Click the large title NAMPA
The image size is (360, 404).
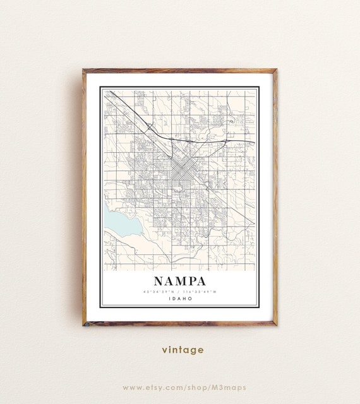(x=179, y=280)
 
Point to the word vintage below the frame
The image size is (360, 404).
(x=182, y=349)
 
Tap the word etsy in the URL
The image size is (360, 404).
(x=157, y=387)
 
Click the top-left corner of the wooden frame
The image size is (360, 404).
(x=83, y=70)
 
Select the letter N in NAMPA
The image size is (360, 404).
(x=157, y=280)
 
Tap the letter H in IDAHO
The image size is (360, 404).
(x=184, y=299)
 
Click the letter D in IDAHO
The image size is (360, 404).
(x=174, y=299)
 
